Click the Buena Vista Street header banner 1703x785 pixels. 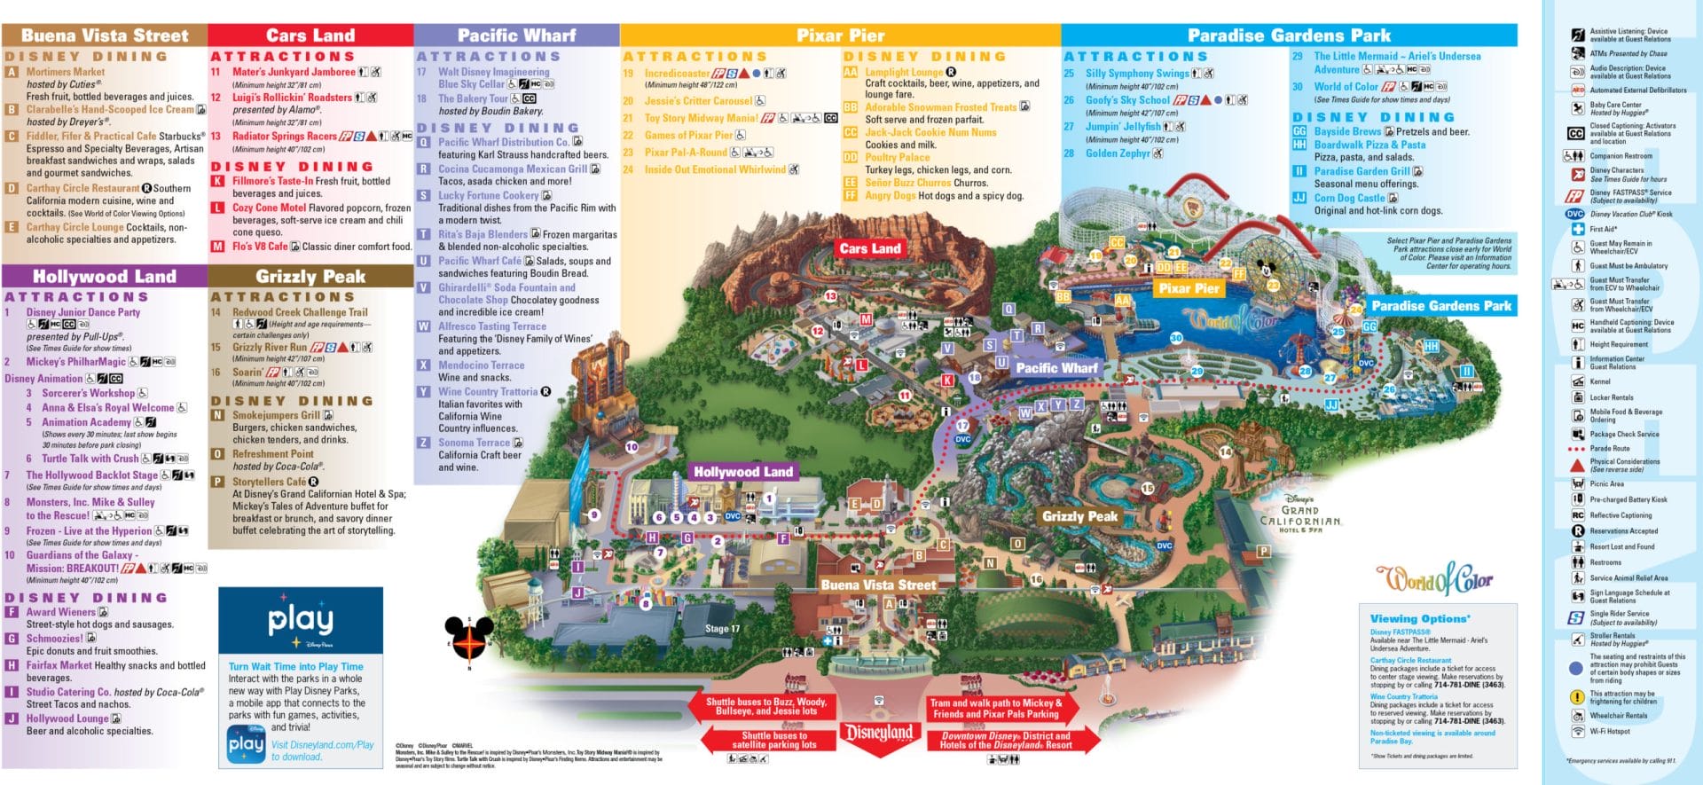tap(105, 35)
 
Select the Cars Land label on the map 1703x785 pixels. tap(869, 248)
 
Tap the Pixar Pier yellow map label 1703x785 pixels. tap(1189, 288)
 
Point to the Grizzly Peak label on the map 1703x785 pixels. tap(1079, 516)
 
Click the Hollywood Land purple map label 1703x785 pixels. tap(742, 472)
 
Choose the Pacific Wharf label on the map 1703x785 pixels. tap(1056, 367)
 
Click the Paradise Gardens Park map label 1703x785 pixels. tap(1440, 306)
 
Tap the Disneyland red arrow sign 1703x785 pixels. tap(877, 733)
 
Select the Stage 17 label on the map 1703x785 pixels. tap(722, 629)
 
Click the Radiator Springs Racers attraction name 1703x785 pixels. tap(284, 137)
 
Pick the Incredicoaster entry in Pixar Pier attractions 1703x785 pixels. tap(677, 74)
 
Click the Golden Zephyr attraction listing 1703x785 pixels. tap(1117, 153)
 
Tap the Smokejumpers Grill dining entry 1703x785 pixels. tap(276, 415)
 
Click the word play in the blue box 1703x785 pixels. tap(301, 619)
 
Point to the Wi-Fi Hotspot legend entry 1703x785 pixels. tap(1609, 732)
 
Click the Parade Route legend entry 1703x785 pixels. tap(1609, 448)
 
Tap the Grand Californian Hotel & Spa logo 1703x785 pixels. tap(1299, 514)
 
